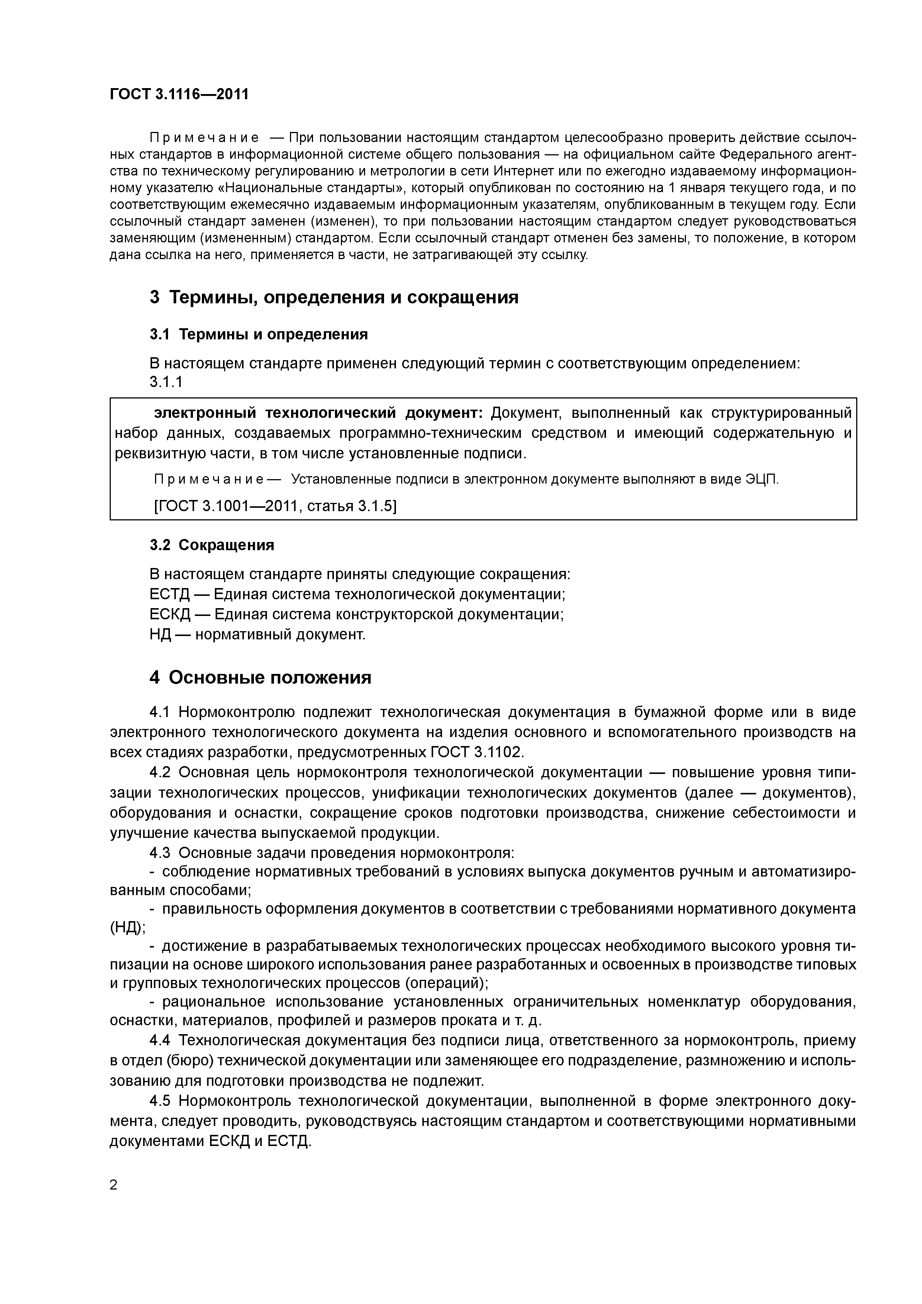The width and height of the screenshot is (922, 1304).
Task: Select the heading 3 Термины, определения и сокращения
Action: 333,297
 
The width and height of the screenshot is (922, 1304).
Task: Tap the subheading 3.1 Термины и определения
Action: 258,335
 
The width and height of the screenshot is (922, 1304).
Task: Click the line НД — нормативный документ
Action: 257,635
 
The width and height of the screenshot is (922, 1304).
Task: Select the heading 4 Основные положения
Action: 260,678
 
